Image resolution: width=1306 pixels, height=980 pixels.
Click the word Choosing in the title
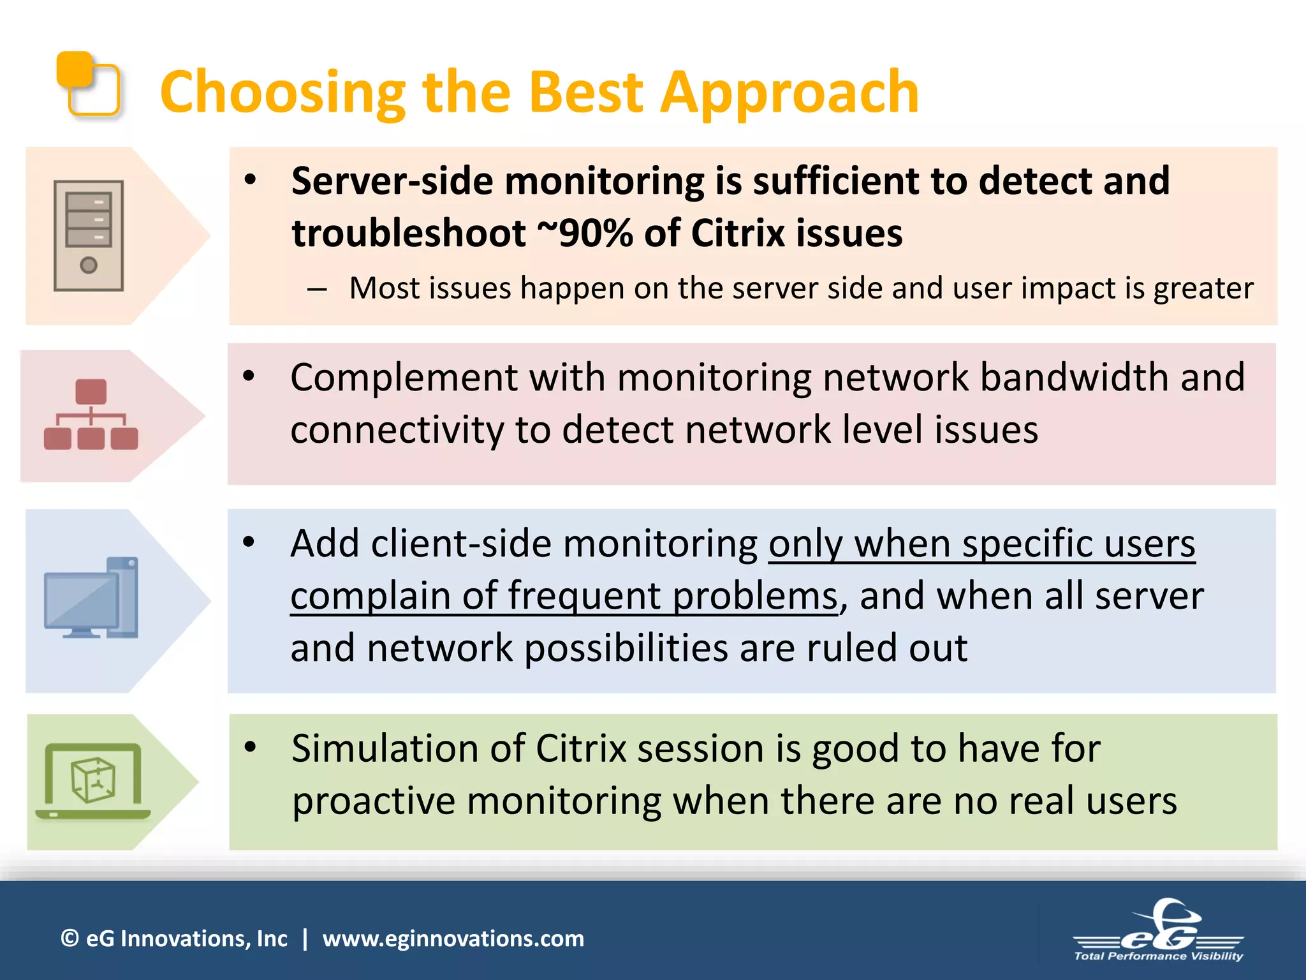[282, 93]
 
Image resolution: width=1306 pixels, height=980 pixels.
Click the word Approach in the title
[789, 93]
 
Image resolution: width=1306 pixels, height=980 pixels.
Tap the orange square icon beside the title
[88, 84]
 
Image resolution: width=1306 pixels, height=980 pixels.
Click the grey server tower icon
[88, 235]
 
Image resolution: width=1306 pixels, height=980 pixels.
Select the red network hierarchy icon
[91, 415]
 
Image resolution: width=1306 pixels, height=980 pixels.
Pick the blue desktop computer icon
[91, 598]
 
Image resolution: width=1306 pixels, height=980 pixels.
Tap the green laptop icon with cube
[93, 782]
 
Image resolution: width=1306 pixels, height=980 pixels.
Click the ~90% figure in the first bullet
[585, 233]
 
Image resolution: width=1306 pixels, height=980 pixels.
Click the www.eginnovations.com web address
[453, 939]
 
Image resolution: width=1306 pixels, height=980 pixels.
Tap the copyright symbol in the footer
[70, 939]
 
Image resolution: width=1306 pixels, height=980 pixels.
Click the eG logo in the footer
[1159, 925]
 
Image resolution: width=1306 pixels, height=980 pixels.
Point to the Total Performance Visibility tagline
[1158, 956]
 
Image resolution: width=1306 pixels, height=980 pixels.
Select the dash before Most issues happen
[317, 289]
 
